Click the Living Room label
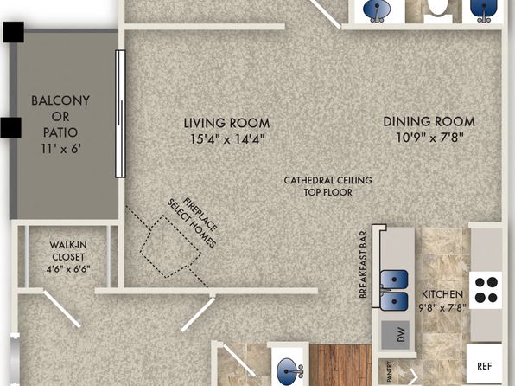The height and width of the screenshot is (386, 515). (226, 123)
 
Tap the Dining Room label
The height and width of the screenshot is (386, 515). (429, 122)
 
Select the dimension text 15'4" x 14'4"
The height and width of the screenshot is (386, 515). (227, 139)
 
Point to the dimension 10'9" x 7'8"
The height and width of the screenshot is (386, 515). (429, 138)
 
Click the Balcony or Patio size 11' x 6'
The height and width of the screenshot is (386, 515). (61, 149)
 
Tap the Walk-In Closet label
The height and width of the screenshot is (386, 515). (68, 251)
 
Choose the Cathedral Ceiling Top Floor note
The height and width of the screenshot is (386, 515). (327, 186)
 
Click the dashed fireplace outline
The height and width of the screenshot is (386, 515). (170, 246)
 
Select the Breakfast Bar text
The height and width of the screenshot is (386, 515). (363, 265)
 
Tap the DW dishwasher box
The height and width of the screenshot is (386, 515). (396, 335)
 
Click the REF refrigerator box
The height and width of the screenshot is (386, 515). (484, 365)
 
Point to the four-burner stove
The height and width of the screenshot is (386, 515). (486, 290)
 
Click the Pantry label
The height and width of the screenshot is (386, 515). (390, 372)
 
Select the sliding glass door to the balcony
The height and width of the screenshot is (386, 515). (120, 113)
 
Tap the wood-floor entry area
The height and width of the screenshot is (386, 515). (341, 365)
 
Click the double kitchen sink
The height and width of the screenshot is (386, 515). (394, 291)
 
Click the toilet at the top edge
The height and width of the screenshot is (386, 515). (438, 10)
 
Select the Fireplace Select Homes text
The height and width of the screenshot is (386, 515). (192, 222)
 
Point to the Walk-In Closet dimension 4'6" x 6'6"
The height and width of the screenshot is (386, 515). (68, 269)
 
